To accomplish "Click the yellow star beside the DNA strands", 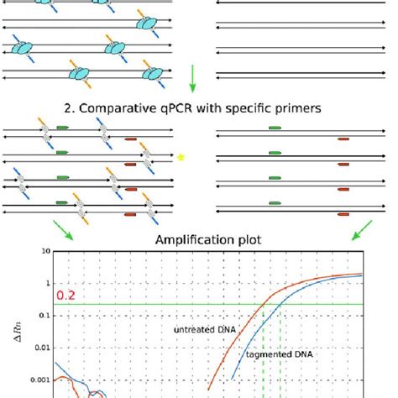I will click(181, 156).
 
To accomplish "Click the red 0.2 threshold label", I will click(67, 296).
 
